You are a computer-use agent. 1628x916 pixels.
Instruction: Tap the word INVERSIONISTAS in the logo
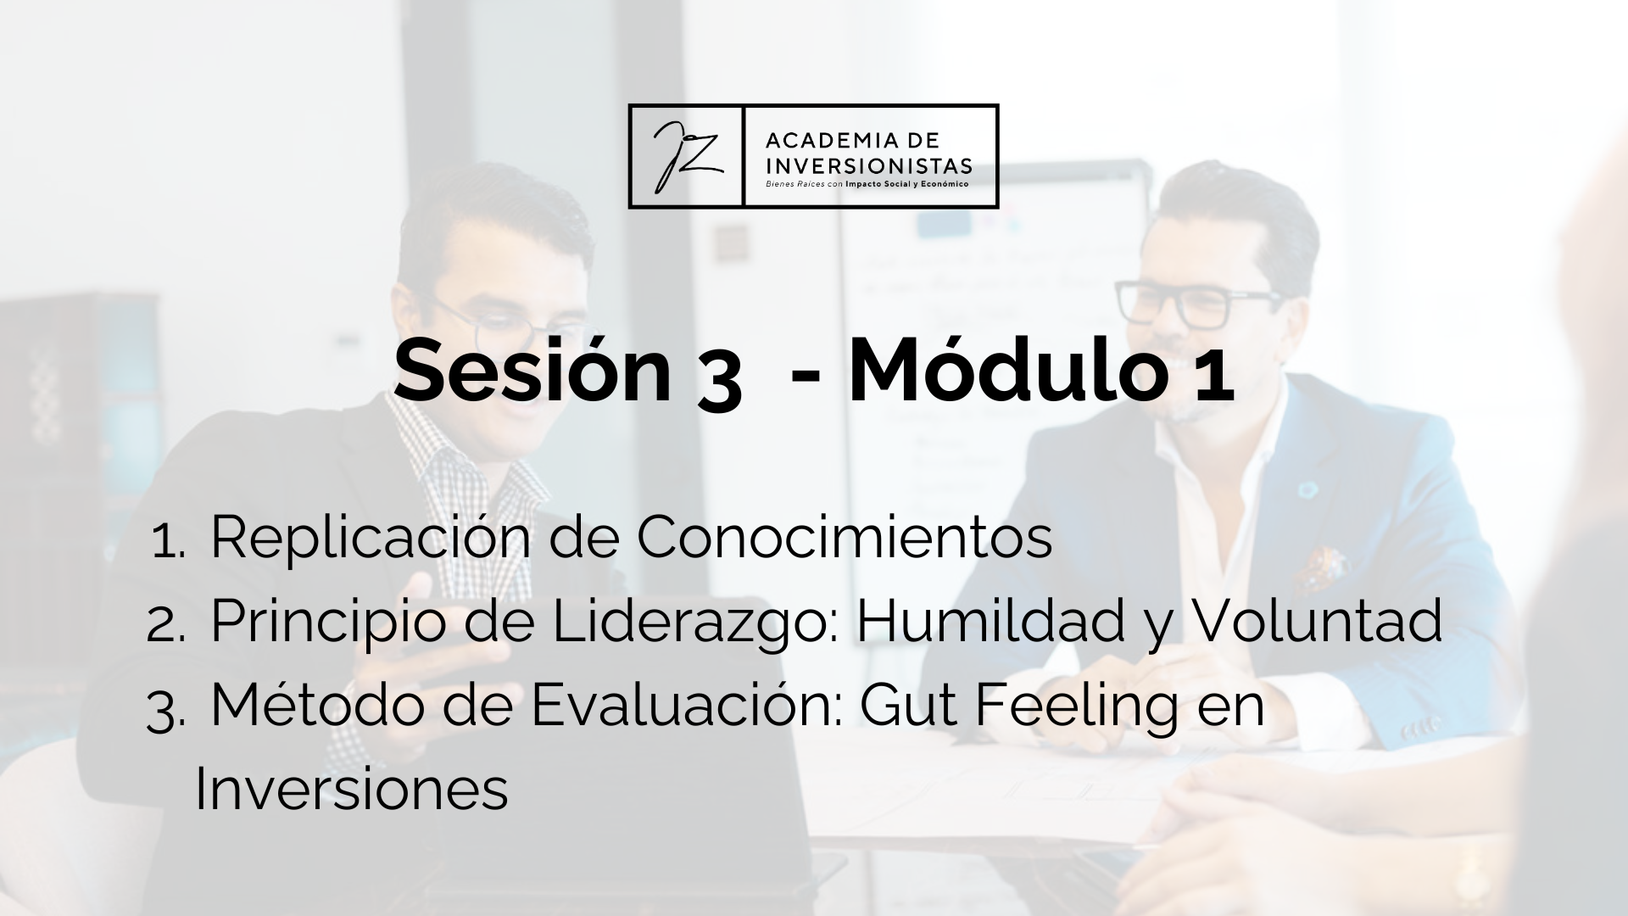point(868,164)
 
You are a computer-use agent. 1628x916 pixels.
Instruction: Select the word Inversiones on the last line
point(352,790)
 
